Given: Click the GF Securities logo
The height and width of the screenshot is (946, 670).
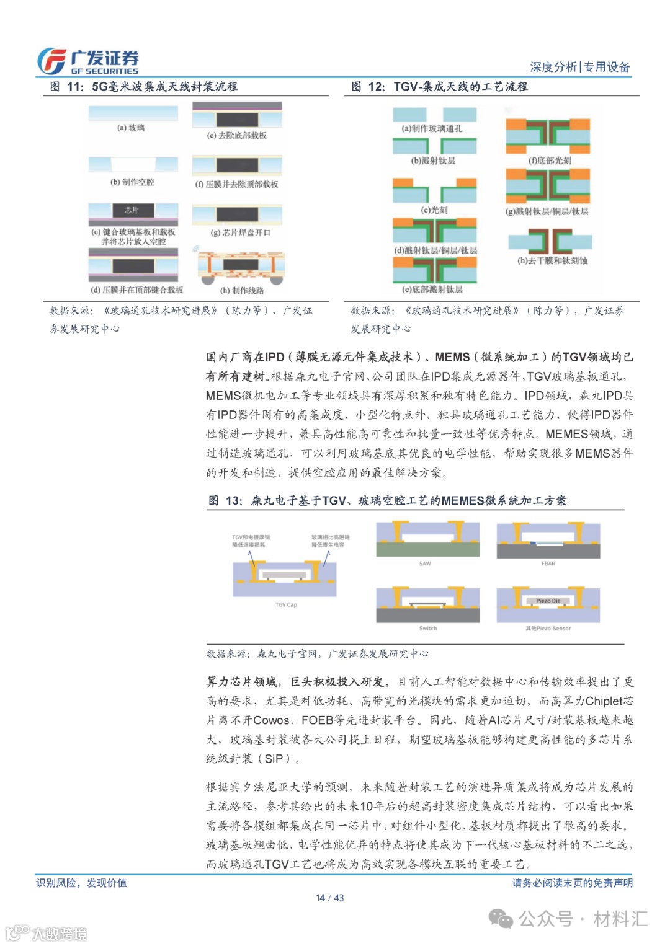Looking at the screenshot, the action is point(87,61).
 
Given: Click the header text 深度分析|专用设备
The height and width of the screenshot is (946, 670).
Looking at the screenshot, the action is point(580,67).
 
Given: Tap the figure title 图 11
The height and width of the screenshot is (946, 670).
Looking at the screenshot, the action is point(144,87).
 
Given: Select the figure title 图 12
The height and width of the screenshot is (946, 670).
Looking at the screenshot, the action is point(439,87).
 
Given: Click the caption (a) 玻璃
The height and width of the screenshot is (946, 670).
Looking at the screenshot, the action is point(131,128).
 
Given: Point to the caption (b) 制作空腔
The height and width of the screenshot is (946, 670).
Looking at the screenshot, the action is point(132,182).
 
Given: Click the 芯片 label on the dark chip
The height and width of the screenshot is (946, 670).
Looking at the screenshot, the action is point(132,210).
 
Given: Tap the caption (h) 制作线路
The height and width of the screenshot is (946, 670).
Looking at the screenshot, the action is point(242,290).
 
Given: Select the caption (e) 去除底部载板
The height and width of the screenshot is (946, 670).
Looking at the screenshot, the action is point(237,135).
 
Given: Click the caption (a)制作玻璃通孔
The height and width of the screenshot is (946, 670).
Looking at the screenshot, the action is point(432,129).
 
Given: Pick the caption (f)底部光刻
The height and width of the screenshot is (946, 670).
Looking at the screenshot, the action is point(550,161).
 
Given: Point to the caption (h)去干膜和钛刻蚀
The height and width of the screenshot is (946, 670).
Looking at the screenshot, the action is point(553,261).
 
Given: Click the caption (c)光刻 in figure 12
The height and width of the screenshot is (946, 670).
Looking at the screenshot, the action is point(434,210).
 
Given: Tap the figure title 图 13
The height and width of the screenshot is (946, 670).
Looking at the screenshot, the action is point(387,501).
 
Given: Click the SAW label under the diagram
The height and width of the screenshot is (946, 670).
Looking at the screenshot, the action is point(425,564).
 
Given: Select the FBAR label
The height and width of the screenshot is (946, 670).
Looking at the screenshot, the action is point(548,564).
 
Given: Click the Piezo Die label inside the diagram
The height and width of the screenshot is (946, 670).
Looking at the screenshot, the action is point(548,601).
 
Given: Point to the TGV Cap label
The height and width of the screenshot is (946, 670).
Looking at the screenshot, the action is point(286,604).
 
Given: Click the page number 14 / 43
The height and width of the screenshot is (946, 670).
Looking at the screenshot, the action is point(329,898).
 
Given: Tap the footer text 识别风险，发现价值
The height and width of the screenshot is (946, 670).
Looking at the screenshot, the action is point(81,883).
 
